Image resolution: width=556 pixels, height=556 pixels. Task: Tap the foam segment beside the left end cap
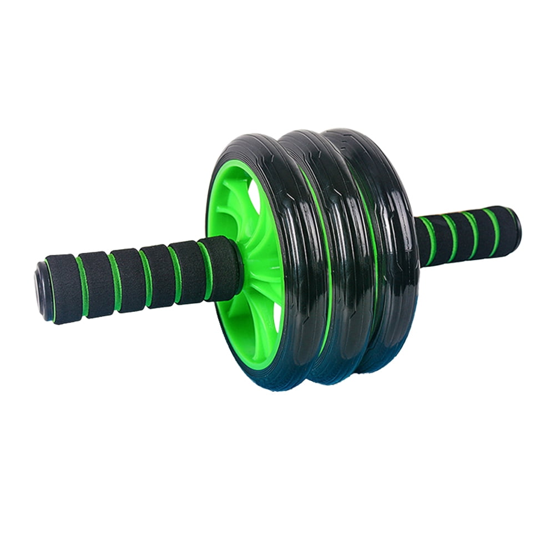(x=63, y=287)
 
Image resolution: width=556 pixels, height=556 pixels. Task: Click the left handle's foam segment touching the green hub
(x=222, y=265)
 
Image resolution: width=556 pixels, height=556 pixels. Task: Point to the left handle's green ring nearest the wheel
(x=205, y=269)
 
